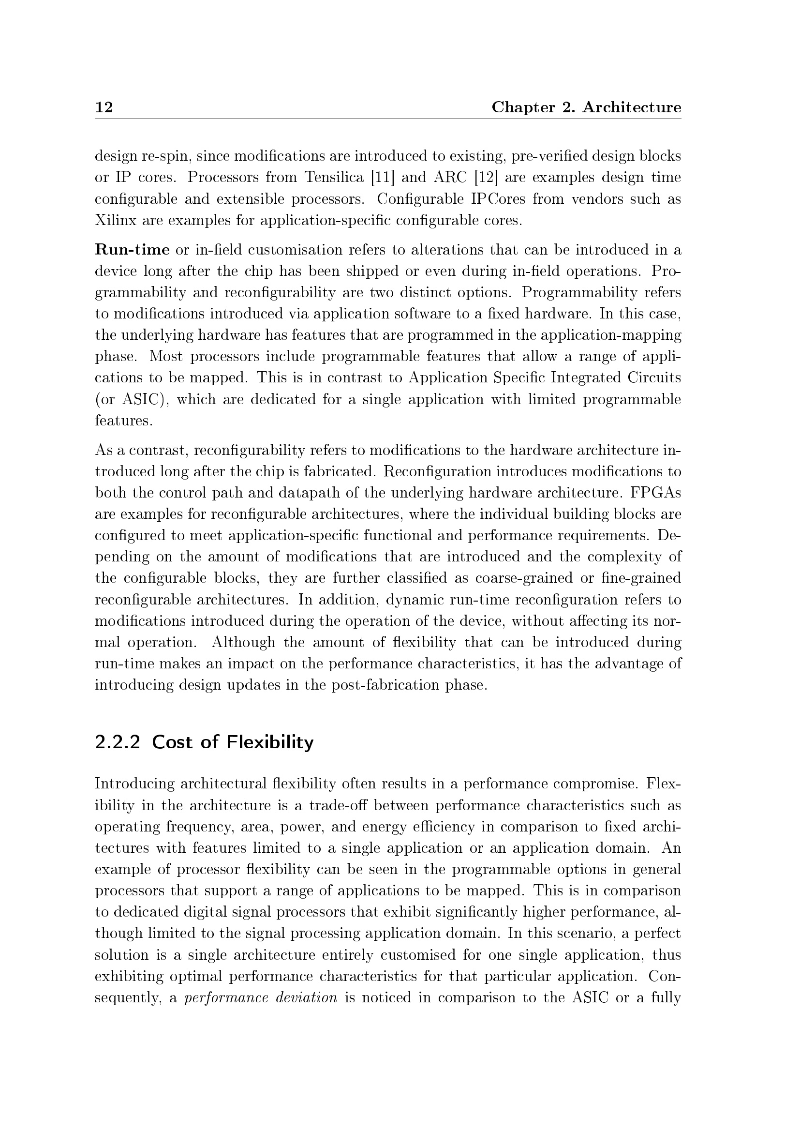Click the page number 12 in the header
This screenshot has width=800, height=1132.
click(104, 107)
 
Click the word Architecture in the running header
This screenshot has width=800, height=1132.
click(632, 107)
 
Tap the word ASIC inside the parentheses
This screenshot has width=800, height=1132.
click(141, 399)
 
